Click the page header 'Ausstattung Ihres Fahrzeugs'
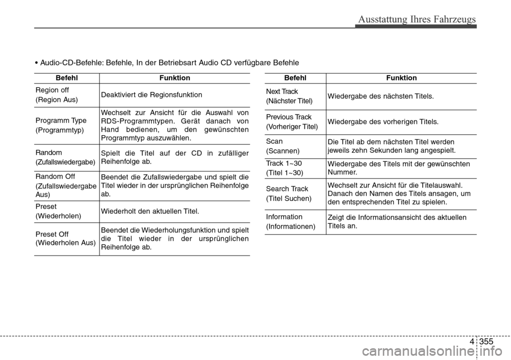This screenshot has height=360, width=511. [x=417, y=20]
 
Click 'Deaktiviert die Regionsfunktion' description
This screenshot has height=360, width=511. [x=151, y=95]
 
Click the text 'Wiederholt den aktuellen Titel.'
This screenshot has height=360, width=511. [x=150, y=211]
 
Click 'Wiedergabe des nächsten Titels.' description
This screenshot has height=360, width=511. [x=381, y=96]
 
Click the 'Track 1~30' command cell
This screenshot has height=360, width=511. [x=285, y=168]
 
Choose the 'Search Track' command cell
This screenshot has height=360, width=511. [x=288, y=193]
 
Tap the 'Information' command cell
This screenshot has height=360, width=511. [x=291, y=222]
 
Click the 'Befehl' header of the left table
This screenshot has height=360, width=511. [x=67, y=78]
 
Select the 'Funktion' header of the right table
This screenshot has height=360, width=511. [x=401, y=78]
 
